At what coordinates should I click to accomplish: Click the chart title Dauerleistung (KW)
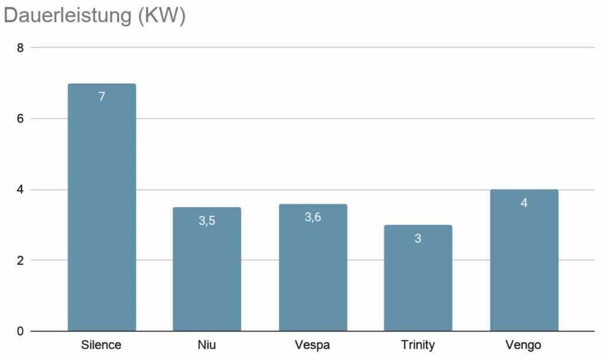pyautogui.click(x=95, y=16)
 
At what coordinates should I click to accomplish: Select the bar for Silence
pyautogui.click(x=101, y=207)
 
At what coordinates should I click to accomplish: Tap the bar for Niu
pyautogui.click(x=207, y=269)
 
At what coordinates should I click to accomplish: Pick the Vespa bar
pyautogui.click(x=313, y=267)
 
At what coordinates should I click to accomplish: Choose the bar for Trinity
pyautogui.click(x=418, y=278)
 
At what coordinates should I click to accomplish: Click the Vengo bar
pyautogui.click(x=524, y=260)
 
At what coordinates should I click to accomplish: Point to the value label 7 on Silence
pyautogui.click(x=101, y=96)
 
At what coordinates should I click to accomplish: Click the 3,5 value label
pyautogui.click(x=207, y=221)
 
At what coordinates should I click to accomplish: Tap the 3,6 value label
pyautogui.click(x=313, y=217)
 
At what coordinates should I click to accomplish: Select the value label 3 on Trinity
pyautogui.click(x=418, y=238)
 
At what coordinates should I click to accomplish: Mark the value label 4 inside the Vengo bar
pyautogui.click(x=524, y=203)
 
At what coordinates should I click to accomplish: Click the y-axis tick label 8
pyautogui.click(x=20, y=48)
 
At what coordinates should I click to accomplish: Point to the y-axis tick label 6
pyautogui.click(x=20, y=119)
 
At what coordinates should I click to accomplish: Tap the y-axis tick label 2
pyautogui.click(x=20, y=260)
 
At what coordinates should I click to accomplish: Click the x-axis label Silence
pyautogui.click(x=101, y=345)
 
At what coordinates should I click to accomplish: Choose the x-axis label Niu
pyautogui.click(x=207, y=345)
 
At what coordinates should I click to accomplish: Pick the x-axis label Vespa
pyautogui.click(x=313, y=345)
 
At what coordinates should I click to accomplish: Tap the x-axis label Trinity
pyautogui.click(x=418, y=345)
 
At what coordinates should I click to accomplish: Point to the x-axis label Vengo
pyautogui.click(x=523, y=345)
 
